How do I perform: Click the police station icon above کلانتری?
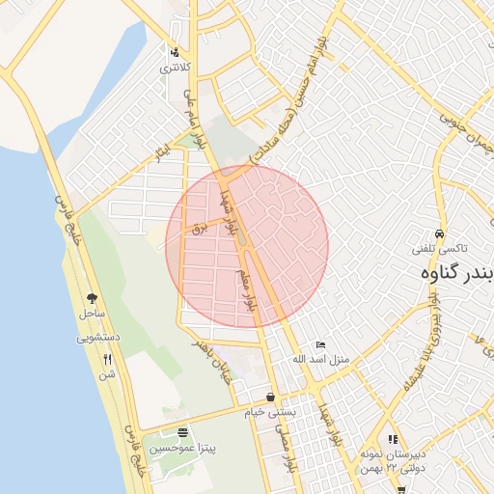[174, 53]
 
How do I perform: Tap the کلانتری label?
[175, 68]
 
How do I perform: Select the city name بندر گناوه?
[457, 273]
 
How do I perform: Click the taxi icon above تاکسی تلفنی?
[439, 234]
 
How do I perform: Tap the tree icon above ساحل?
[92, 299]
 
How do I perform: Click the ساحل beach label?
[92, 314]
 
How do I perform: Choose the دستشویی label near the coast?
[97, 339]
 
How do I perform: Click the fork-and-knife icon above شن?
[106, 360]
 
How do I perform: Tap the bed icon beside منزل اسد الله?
[321, 345]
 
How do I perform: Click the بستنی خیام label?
[271, 412]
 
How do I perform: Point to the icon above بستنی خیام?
[270, 397]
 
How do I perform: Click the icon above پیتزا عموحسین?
[182, 431]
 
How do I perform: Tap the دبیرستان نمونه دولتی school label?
[392, 459]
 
